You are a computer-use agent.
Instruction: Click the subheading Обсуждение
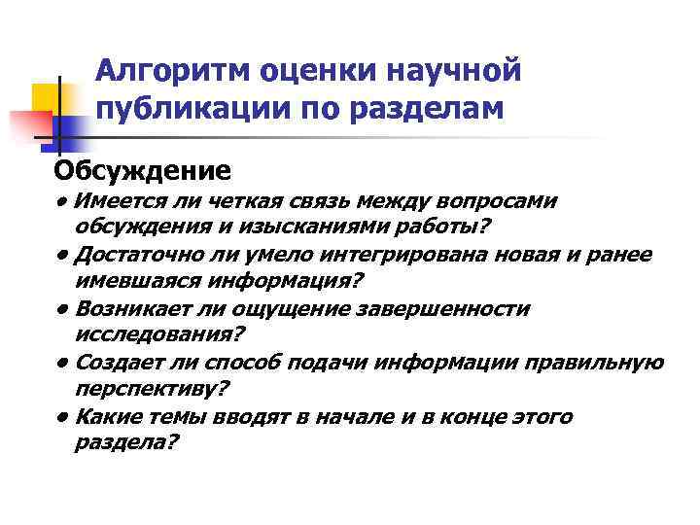click(142, 171)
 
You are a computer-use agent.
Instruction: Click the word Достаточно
click(142, 255)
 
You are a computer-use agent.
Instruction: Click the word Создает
click(122, 363)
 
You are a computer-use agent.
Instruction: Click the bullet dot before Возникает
click(61, 309)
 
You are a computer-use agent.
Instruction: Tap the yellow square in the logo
click(47, 99)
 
